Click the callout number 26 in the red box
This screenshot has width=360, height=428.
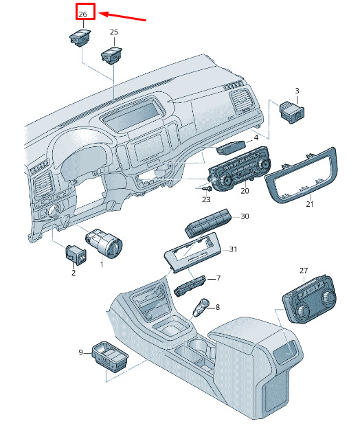pyautogui.click(x=82, y=14)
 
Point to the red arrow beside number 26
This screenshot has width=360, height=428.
pyautogui.click(x=122, y=16)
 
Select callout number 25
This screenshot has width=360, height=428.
pyautogui.click(x=114, y=32)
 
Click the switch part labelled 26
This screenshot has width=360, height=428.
pyautogui.click(x=80, y=38)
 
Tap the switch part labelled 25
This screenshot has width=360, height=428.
pyautogui.click(x=111, y=56)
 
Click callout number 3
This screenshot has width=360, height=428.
pyautogui.click(x=297, y=91)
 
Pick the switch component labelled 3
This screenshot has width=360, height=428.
pyautogui.click(x=292, y=112)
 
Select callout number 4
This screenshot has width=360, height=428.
pyautogui.click(x=256, y=137)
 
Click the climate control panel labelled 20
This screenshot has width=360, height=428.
pyautogui.click(x=239, y=168)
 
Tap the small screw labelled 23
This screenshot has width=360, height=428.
pyautogui.click(x=209, y=189)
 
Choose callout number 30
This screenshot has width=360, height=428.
pyautogui.click(x=245, y=216)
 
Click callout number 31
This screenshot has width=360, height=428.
pyautogui.click(x=233, y=249)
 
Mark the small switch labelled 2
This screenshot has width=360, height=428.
pyautogui.click(x=76, y=255)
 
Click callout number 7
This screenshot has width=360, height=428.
pyautogui.click(x=218, y=278)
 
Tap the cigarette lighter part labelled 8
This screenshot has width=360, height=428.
pyautogui.click(x=201, y=307)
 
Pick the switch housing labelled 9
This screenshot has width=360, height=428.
pyautogui.click(x=110, y=356)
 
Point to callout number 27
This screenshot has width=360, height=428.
pyautogui.click(x=304, y=271)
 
